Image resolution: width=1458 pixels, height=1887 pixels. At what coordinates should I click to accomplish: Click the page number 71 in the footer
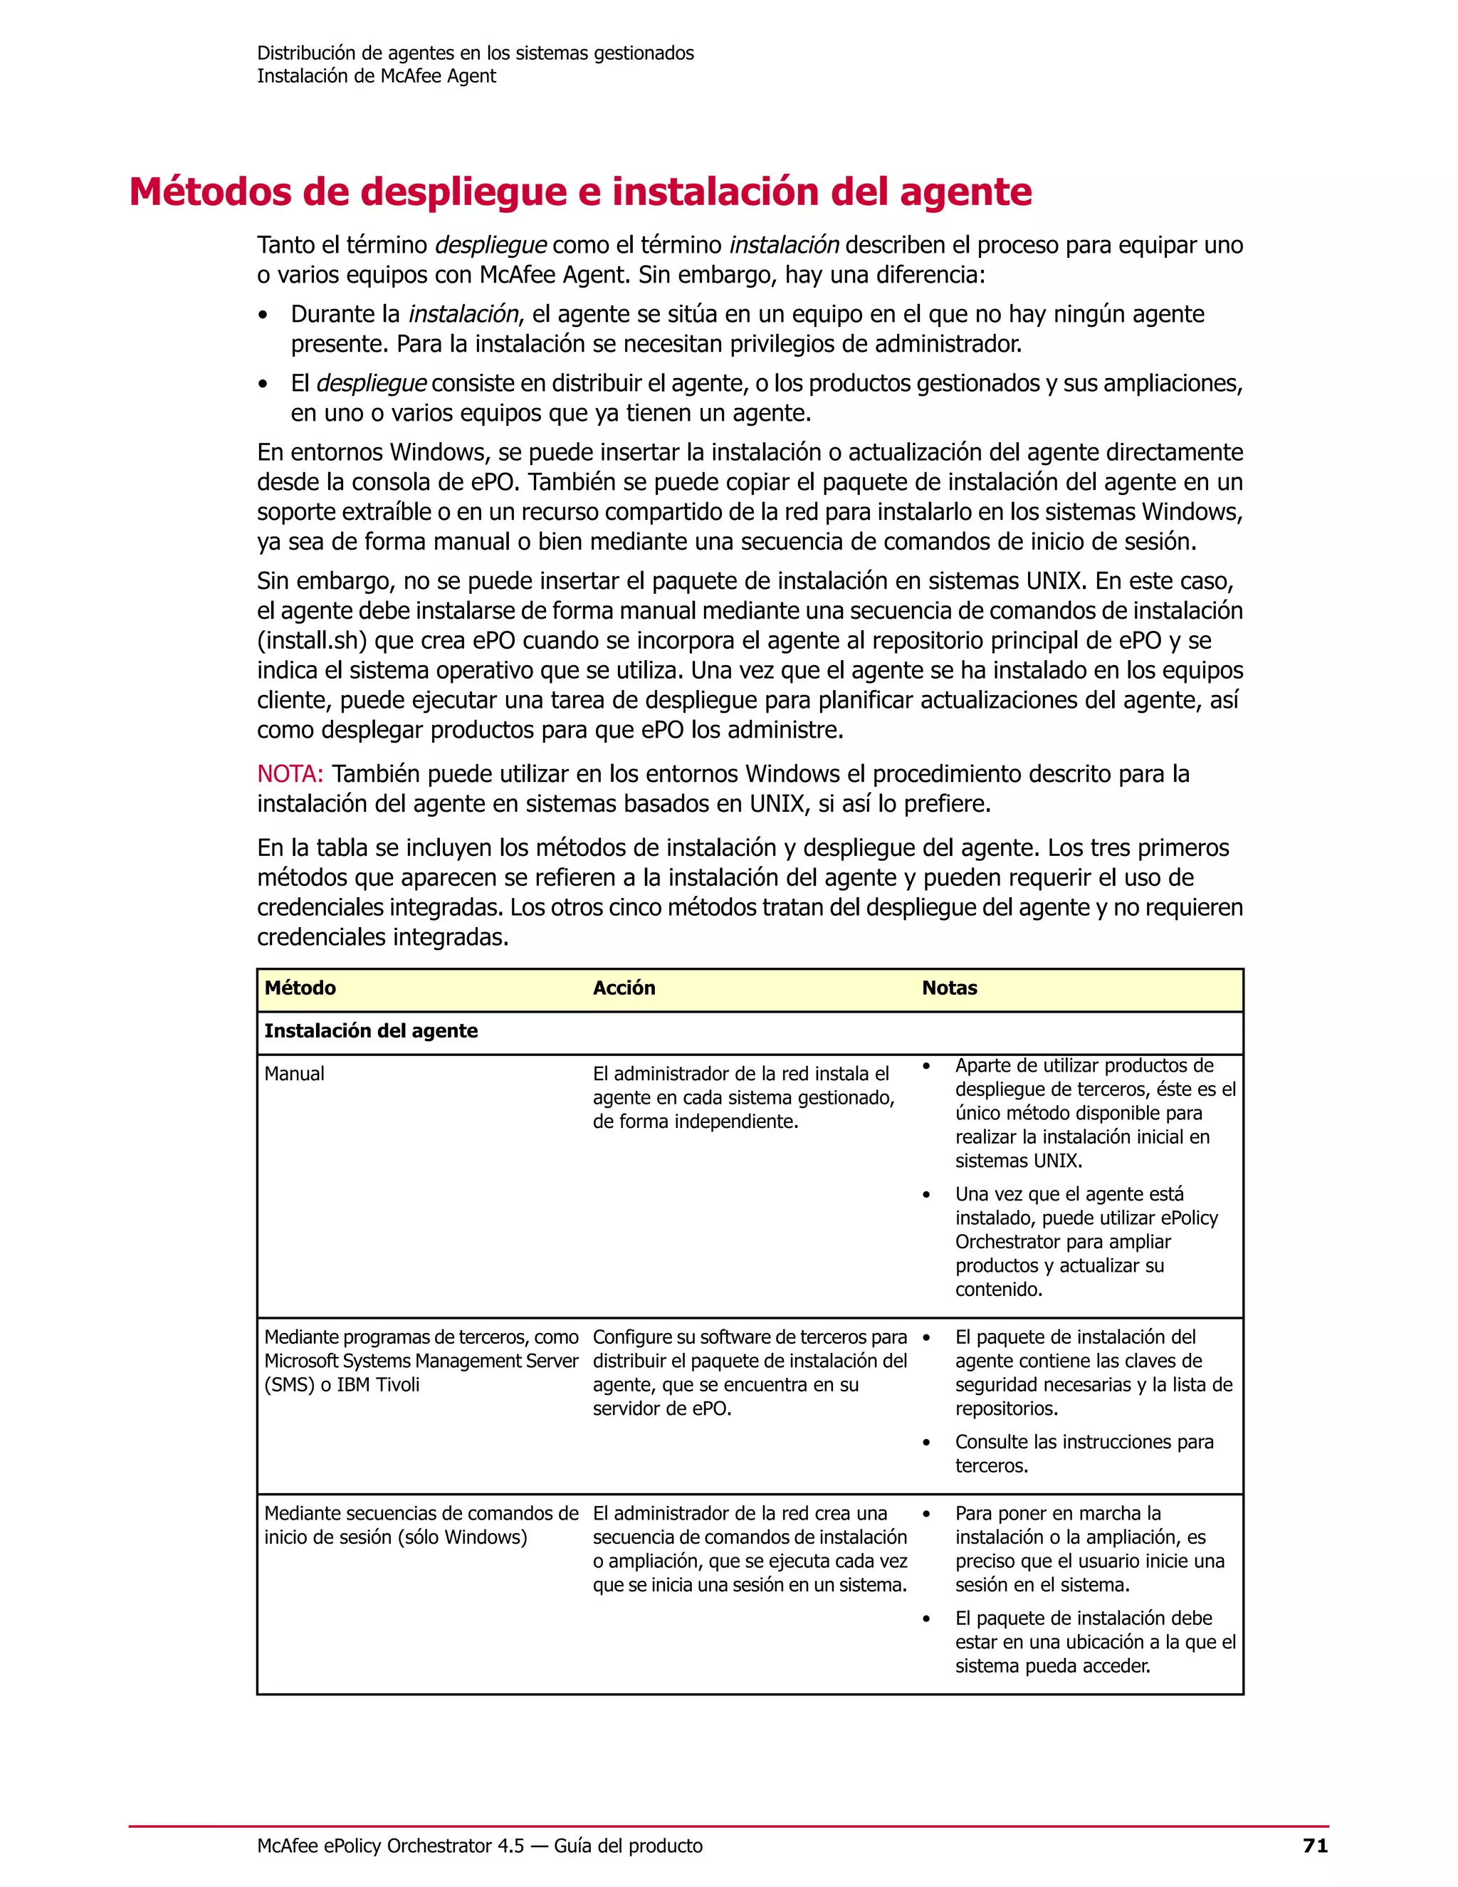click(x=1315, y=1846)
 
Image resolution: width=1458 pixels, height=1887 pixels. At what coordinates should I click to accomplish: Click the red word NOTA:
click(x=289, y=774)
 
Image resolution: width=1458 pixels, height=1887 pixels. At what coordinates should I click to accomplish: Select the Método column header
click(x=300, y=988)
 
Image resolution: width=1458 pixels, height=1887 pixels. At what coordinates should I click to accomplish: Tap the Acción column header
click(x=624, y=988)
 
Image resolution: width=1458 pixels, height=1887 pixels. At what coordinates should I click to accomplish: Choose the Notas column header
click(x=949, y=988)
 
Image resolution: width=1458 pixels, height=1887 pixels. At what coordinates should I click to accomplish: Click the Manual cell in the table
click(x=295, y=1074)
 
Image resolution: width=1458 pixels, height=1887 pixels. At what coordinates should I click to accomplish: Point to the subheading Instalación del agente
click(x=370, y=1031)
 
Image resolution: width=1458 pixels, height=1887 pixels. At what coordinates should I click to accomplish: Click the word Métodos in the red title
click(x=210, y=192)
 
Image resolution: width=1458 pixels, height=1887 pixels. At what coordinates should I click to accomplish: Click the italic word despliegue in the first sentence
click(x=491, y=246)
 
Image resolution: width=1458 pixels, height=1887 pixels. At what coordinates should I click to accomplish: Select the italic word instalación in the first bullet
click(x=463, y=315)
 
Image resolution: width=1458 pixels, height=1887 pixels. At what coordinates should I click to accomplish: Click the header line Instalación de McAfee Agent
click(x=376, y=76)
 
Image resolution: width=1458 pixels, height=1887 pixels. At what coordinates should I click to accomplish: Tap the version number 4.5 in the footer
click(x=510, y=1846)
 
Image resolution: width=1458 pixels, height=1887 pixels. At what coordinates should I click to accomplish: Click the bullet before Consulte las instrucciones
click(x=927, y=1443)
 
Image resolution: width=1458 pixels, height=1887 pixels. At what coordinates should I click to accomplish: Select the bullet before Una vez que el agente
click(x=927, y=1195)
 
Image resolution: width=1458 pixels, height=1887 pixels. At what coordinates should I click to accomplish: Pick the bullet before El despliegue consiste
click(x=263, y=385)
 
